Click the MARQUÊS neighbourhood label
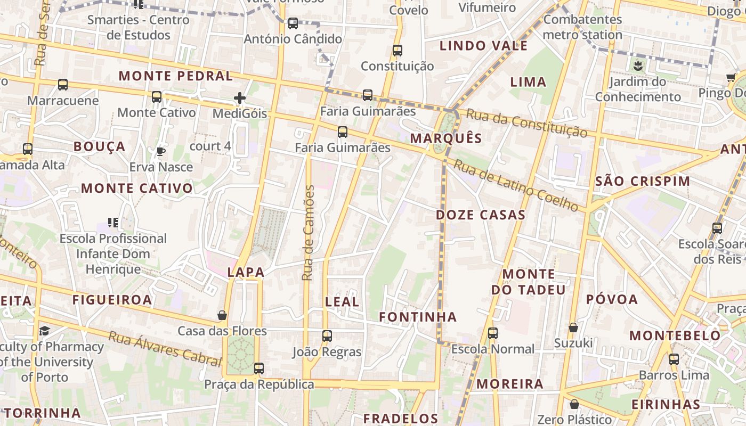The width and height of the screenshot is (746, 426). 446,138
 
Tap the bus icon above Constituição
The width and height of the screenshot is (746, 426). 397,51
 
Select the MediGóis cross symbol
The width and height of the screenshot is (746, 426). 240,98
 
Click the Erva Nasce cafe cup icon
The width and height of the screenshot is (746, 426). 160,152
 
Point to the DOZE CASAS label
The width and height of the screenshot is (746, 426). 481,215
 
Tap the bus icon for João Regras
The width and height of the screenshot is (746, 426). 327,336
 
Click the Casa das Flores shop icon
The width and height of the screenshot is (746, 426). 222,316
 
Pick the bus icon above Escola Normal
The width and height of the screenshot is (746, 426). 493,333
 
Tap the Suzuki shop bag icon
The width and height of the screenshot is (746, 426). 573,327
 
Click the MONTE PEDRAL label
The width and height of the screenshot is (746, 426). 176,76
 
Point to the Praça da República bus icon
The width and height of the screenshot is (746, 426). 259,368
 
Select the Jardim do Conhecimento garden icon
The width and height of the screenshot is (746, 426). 638,67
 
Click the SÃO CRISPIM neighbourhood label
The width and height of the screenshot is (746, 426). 642,181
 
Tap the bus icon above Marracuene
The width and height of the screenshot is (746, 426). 63,85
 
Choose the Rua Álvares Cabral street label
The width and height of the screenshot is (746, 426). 165,349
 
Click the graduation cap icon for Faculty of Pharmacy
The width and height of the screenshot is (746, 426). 44,331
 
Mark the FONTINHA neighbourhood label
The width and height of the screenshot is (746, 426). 418,317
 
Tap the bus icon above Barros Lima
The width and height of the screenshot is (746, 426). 674,359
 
